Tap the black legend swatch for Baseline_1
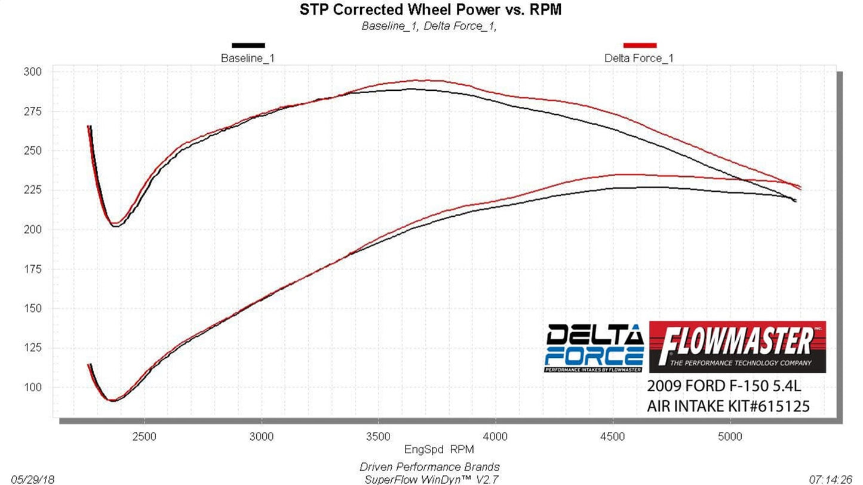click(x=248, y=45)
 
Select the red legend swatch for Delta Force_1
click(x=640, y=45)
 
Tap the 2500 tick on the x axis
click(x=144, y=437)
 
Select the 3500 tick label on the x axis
click(x=378, y=437)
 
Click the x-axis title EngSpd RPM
click(x=430, y=449)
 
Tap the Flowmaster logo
click(x=737, y=347)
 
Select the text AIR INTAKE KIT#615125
click(x=728, y=407)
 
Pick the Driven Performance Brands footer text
click(x=429, y=467)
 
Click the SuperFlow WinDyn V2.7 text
click(x=431, y=479)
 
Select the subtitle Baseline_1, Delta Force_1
click(x=429, y=26)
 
